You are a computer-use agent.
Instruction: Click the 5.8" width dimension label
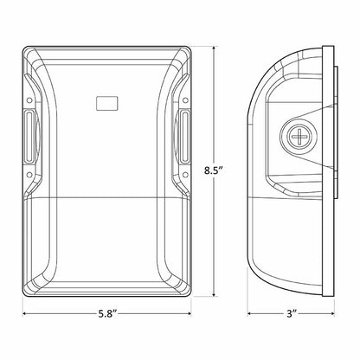tap(109, 313)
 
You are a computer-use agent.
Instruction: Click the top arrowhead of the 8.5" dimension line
tap(215, 41)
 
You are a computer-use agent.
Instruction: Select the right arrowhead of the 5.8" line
tap(195, 314)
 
